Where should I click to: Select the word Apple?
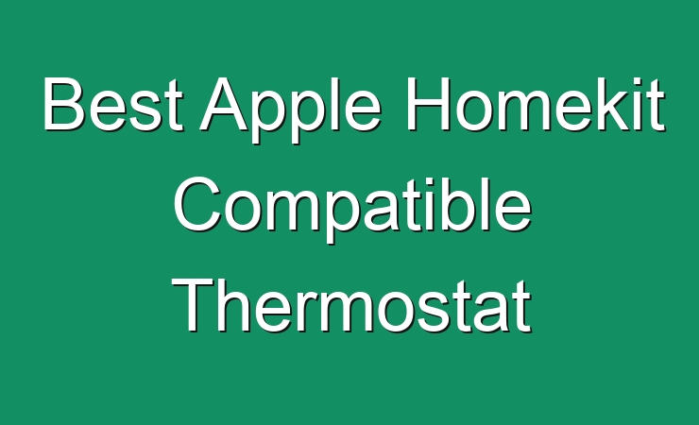pyautogui.click(x=290, y=110)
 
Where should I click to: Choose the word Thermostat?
pyautogui.click(x=351, y=305)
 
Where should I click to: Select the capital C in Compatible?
pyautogui.click(x=197, y=204)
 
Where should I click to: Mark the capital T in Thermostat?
pyautogui.click(x=194, y=305)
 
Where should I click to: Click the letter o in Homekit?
pyautogui.click(x=473, y=110)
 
